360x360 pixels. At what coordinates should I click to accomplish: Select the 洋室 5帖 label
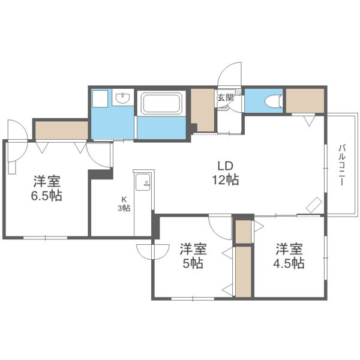[193, 255]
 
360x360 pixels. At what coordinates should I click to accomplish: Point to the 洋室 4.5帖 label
[290, 255]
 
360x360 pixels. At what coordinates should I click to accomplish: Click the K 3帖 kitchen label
[124, 204]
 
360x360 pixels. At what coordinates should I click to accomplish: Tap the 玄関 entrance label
[225, 98]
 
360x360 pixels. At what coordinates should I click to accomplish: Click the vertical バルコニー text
[340, 165]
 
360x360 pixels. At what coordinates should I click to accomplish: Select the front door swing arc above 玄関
[229, 76]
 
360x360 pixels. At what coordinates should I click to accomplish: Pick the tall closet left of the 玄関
[203, 110]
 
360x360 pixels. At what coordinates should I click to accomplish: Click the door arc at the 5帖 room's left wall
[146, 251]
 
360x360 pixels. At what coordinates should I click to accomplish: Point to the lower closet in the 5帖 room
[243, 271]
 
